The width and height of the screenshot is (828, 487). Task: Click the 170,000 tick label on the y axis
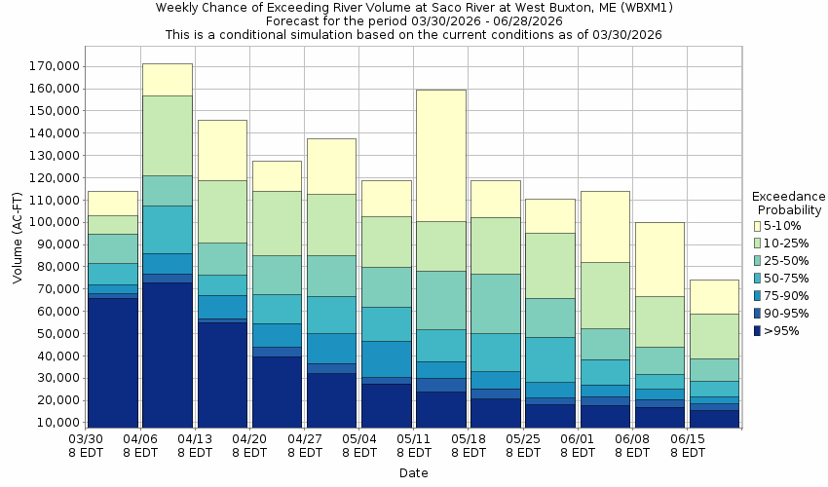(55, 66)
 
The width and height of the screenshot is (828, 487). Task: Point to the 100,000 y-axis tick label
(55, 222)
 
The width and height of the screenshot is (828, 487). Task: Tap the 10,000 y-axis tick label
(57, 423)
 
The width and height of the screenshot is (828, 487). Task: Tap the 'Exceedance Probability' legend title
(788, 203)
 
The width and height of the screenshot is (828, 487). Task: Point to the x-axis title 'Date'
(413, 473)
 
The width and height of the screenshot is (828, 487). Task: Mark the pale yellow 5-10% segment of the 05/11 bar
(440, 156)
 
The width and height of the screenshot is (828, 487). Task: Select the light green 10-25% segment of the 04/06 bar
(167, 135)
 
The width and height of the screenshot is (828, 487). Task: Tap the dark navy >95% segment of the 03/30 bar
(112, 361)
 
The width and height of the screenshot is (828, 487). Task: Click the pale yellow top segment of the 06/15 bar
(713, 296)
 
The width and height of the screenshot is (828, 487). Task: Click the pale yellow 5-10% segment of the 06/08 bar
(659, 259)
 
